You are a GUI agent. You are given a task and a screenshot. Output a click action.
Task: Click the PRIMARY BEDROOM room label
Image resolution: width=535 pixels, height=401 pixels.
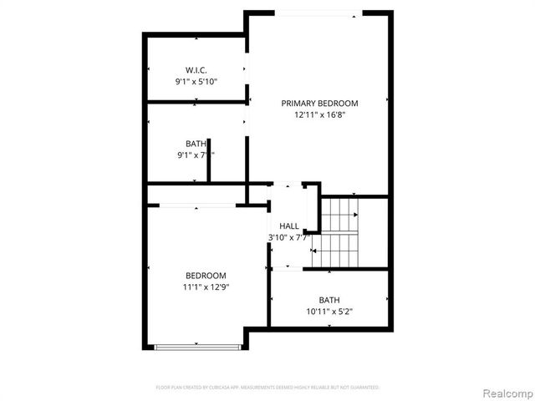coord(319,104)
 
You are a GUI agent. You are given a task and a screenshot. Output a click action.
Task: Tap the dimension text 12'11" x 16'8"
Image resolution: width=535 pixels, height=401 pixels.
coord(319,116)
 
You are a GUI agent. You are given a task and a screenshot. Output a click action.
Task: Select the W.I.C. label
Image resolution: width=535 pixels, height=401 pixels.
coord(196,69)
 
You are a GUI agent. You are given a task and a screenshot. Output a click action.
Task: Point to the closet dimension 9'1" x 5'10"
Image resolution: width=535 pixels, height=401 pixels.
coord(196,82)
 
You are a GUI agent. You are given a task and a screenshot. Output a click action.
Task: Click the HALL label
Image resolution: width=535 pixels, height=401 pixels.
coord(289,226)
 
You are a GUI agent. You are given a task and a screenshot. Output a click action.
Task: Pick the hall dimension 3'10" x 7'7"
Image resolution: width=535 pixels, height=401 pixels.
coord(289,237)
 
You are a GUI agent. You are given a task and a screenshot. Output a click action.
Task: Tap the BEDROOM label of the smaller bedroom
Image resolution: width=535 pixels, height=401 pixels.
coord(206,276)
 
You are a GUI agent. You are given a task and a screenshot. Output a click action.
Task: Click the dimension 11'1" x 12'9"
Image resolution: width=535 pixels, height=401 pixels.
coord(206,287)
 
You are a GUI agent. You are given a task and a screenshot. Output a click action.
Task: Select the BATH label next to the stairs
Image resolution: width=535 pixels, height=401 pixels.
coord(329,301)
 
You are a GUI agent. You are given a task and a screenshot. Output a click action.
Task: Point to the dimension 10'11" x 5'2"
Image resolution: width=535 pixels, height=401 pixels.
coord(329,312)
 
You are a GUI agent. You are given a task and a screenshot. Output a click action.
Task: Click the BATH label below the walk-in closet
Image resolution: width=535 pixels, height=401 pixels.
coord(196,144)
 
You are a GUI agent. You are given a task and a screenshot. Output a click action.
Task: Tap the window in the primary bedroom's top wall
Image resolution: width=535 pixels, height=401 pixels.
coord(318,13)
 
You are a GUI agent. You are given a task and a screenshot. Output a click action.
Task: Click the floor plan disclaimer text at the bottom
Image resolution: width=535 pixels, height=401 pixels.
coord(267,388)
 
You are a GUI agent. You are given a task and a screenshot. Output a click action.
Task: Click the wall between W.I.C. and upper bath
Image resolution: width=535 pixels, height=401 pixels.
coord(197,103)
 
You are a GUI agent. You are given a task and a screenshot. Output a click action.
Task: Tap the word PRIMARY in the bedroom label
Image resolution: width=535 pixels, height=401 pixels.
coord(298,104)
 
